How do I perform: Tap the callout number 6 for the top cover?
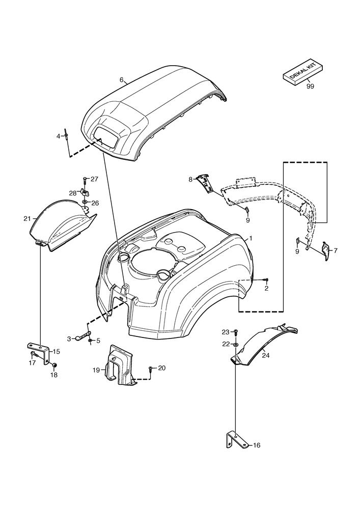coord(122,80)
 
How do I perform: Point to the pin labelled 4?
coord(67,136)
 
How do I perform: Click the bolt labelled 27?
coord(85,180)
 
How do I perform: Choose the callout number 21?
coord(27,219)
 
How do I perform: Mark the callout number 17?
coord(32,363)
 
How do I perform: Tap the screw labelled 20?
coord(150,368)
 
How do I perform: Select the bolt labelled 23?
coord(236,332)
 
